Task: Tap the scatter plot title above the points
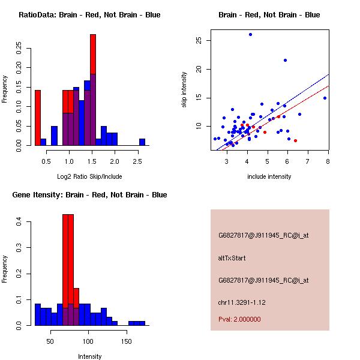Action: coord(269,15)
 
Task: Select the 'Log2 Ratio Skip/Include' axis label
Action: coord(89,176)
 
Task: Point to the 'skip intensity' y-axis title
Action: coord(184,90)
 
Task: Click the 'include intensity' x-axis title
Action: coord(269,176)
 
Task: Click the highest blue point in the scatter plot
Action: coord(250,35)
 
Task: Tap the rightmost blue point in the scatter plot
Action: coord(325,98)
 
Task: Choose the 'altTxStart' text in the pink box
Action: coord(232,258)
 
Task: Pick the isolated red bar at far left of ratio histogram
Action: coord(37,117)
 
